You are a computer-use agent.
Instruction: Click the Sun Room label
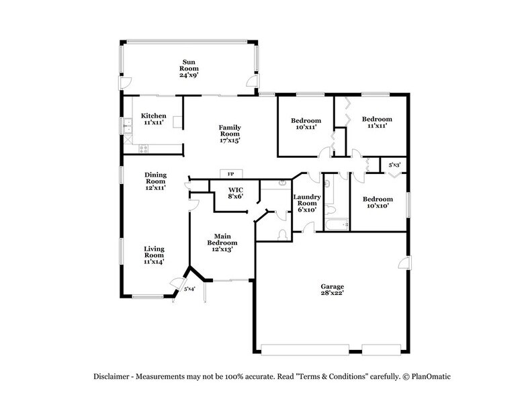187,68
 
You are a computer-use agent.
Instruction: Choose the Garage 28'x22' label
333,290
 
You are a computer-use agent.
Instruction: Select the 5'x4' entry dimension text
190,290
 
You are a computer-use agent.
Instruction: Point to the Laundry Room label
306,202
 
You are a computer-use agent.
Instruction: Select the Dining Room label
155,181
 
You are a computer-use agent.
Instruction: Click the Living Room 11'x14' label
154,255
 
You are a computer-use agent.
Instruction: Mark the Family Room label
230,134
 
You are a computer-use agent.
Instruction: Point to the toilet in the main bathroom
283,234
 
